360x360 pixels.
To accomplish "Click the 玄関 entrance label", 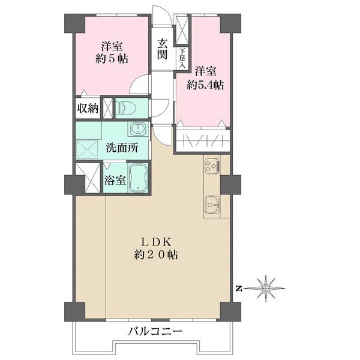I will pos(162,49).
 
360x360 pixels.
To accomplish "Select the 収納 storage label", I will pos(87,109).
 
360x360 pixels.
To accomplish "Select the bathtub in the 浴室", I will pos(138,178).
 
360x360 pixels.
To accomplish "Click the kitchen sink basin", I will pos(212,205).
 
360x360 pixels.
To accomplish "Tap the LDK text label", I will pos(157,242).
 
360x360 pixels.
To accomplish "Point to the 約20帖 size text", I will pos(157,254).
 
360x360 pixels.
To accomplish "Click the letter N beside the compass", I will pos(238,289).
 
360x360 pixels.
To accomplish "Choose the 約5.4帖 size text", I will pos(205,85).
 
